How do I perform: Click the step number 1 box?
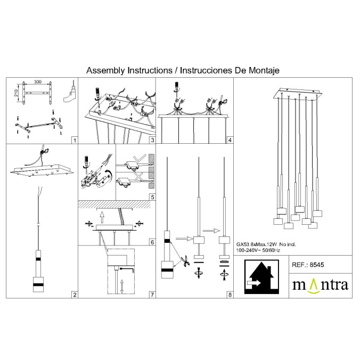coord(75,141)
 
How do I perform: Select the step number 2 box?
coord(75,294)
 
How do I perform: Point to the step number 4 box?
coord(230,141)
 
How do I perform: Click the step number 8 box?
coord(230,294)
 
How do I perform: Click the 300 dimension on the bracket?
coord(37,83)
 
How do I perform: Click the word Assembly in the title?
coord(105,70)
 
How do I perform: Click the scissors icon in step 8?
coord(184,261)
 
